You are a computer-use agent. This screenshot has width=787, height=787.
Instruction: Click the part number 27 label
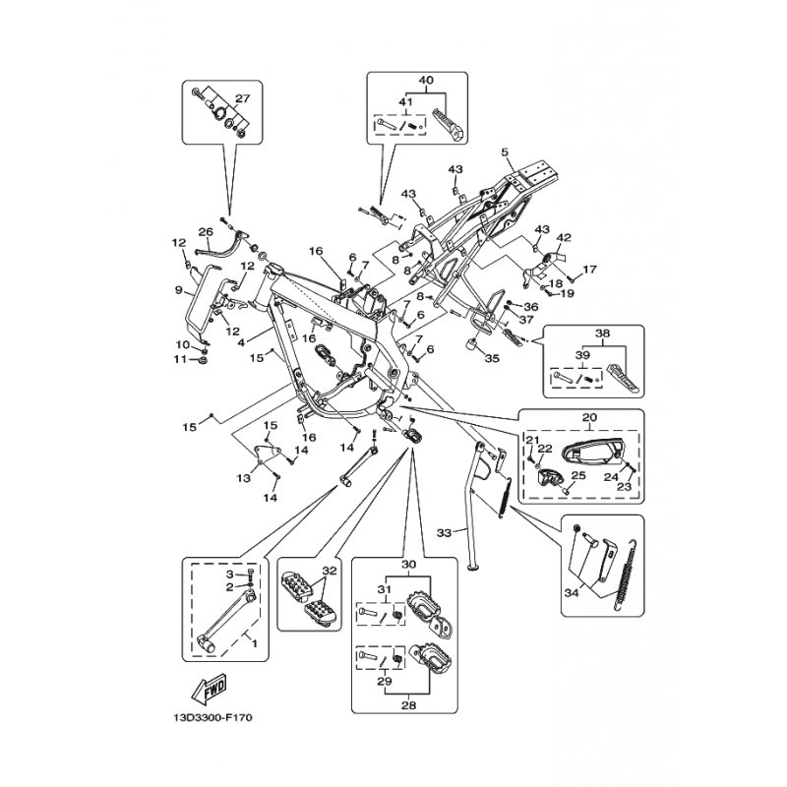[243, 97]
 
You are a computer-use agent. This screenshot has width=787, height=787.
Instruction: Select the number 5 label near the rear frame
[504, 152]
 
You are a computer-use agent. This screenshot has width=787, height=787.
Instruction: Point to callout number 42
[564, 237]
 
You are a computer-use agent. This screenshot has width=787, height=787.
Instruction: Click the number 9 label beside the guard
[179, 290]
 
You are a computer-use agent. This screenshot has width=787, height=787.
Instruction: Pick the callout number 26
[206, 232]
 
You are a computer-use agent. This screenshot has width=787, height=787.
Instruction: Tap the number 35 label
[492, 359]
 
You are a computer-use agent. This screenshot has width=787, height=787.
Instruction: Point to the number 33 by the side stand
[444, 532]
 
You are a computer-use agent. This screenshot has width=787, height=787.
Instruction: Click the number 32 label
[329, 571]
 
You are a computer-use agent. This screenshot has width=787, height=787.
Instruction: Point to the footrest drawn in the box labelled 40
[455, 126]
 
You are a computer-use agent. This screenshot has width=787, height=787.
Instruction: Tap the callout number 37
[527, 319]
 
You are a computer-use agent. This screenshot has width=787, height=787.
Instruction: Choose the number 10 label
[181, 344]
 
